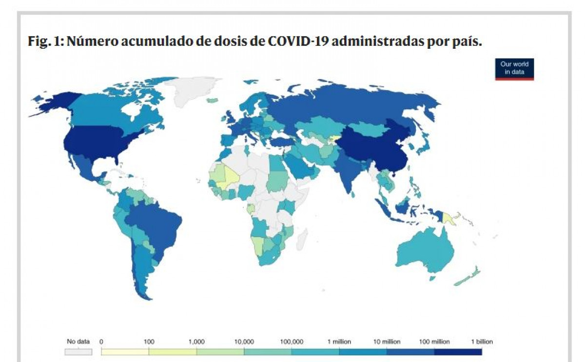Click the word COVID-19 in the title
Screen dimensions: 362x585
pyautogui.click(x=297, y=42)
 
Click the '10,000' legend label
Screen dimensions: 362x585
pyautogui.click(x=244, y=342)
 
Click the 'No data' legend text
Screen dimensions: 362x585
pyautogui.click(x=78, y=342)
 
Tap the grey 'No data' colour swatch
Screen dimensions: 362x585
pyautogui.click(x=78, y=351)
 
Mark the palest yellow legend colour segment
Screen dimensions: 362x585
pyautogui.click(x=125, y=351)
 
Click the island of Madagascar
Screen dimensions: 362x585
pyautogui.click(x=302, y=239)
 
